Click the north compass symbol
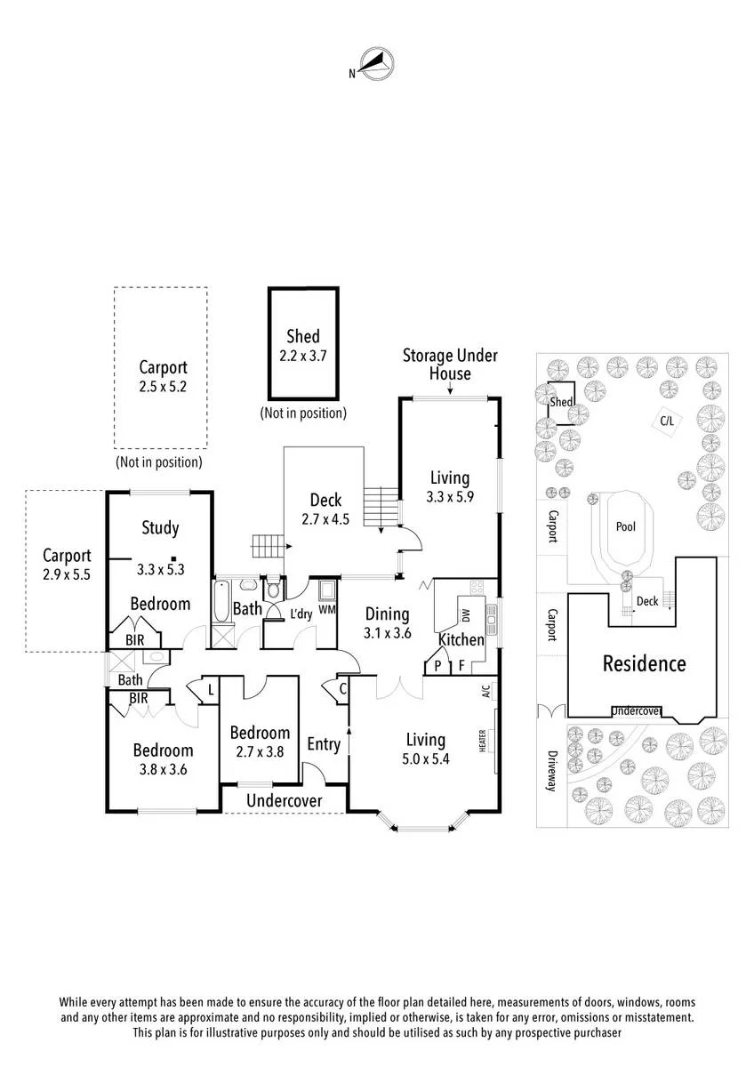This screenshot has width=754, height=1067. coord(376,64)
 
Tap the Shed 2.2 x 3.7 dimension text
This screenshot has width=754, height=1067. coord(302,357)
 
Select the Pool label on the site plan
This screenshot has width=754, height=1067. coord(625,526)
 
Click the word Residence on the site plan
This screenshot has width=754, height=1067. coord(644,663)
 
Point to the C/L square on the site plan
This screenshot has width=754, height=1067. coord(667,421)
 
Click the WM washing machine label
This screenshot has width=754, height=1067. coord(326,609)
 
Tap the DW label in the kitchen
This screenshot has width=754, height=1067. coord(466,615)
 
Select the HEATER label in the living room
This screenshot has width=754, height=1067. coord(483,741)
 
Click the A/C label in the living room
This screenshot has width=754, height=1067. coord(485,691)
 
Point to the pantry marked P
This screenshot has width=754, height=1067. coord(437,665)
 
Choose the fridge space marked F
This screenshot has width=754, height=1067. coord(461,665)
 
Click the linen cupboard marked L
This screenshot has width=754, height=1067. coord(210,689)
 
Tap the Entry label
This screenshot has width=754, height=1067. coord(324,744)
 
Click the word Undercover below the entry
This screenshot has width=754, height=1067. coord(285,800)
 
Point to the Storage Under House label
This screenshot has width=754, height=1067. coord(450,365)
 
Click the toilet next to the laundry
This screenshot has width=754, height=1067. coord(273,589)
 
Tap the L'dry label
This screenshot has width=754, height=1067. coord(301,614)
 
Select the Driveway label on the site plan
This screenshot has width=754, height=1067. coord(552,771)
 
